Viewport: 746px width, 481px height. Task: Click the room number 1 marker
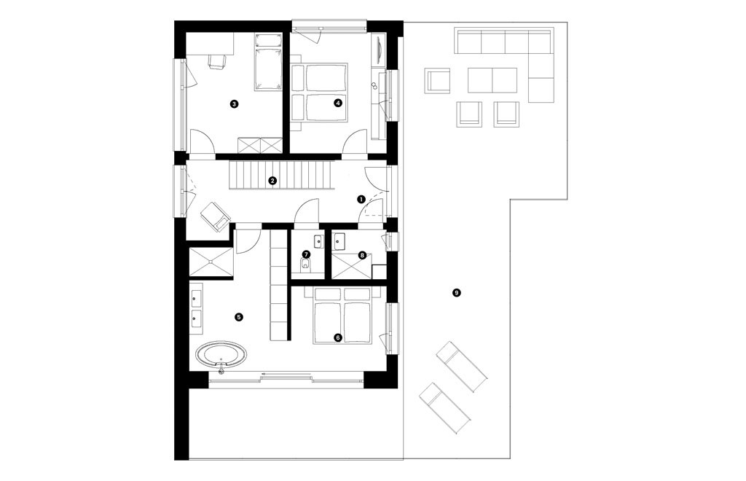tap(361, 198)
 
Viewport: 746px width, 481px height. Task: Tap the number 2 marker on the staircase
tap(272, 180)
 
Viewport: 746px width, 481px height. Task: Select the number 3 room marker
tap(233, 104)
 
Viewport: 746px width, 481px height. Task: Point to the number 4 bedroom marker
tap(337, 103)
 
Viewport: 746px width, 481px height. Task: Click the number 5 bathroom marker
tap(238, 317)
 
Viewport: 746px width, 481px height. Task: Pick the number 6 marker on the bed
tap(337, 337)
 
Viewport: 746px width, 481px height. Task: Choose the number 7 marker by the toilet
tap(306, 254)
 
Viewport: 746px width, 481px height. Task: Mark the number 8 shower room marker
tap(362, 255)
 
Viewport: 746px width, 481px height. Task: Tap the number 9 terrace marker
tap(457, 293)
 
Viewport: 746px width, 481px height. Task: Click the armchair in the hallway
tap(215, 216)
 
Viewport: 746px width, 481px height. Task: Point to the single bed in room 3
tap(268, 62)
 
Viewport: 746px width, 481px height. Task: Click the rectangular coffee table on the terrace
tap(492, 79)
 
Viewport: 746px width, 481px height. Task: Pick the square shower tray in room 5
tap(211, 264)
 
